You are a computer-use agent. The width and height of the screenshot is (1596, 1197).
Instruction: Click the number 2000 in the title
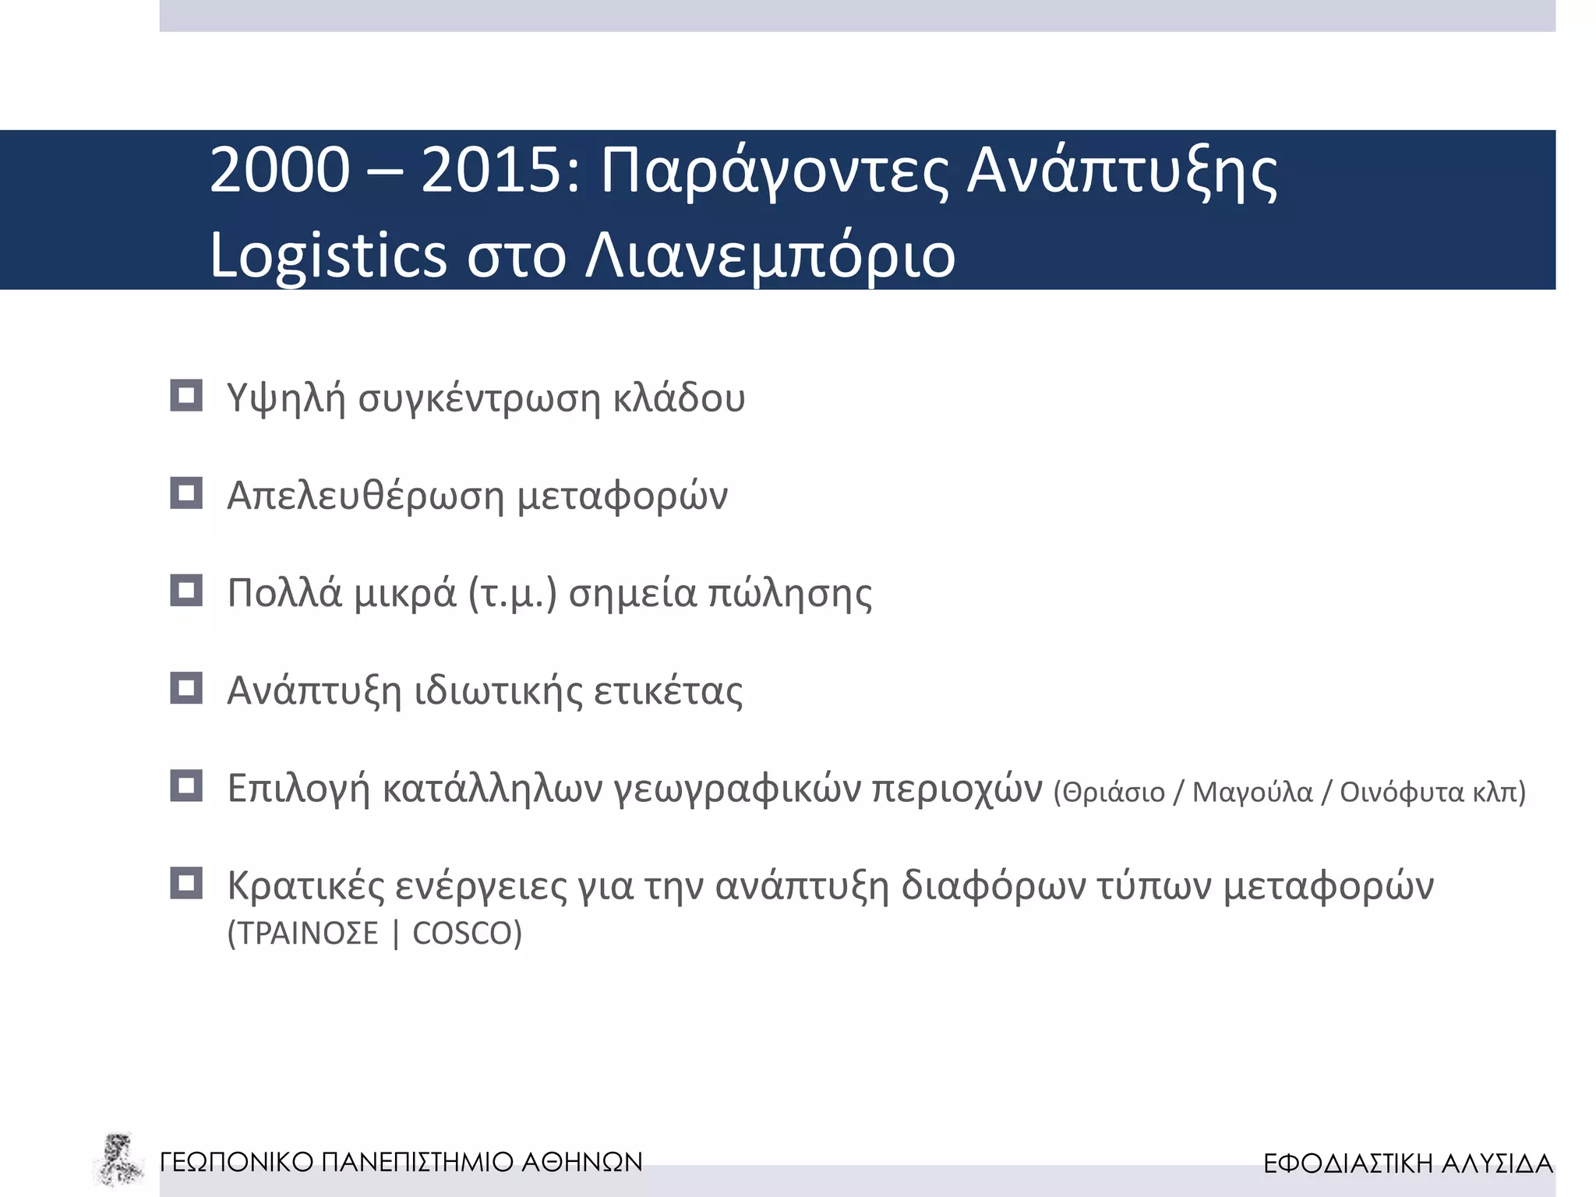tap(280, 171)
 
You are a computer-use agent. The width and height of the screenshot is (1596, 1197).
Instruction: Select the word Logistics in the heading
tap(328, 256)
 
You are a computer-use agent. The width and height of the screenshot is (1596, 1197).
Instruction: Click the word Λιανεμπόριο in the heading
tap(770, 256)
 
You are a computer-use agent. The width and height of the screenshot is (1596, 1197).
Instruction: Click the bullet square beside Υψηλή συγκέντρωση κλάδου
tap(186, 396)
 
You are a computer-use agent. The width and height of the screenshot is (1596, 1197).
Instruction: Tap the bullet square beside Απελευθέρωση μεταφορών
tap(186, 493)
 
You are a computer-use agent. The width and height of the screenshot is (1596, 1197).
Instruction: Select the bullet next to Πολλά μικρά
tap(186, 591)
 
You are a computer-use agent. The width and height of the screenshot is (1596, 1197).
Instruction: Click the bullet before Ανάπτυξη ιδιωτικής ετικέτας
tap(186, 688)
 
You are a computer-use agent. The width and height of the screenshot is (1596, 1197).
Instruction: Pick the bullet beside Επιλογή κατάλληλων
tap(186, 786)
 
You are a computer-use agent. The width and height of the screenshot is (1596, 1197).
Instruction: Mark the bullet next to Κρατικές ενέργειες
tap(186, 884)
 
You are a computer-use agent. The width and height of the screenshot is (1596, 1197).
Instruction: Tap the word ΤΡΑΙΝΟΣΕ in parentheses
tap(308, 934)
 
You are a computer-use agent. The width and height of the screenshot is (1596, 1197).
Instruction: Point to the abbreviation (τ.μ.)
tap(512, 595)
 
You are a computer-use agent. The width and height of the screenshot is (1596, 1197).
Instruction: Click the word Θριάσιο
tap(1114, 793)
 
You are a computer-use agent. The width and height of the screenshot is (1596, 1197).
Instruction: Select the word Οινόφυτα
tap(1401, 793)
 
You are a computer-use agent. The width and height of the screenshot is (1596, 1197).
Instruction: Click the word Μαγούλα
tap(1252, 793)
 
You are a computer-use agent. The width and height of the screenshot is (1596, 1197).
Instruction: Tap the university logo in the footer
tap(118, 1160)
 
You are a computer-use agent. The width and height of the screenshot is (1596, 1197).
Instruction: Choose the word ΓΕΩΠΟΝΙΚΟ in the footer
tap(236, 1162)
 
